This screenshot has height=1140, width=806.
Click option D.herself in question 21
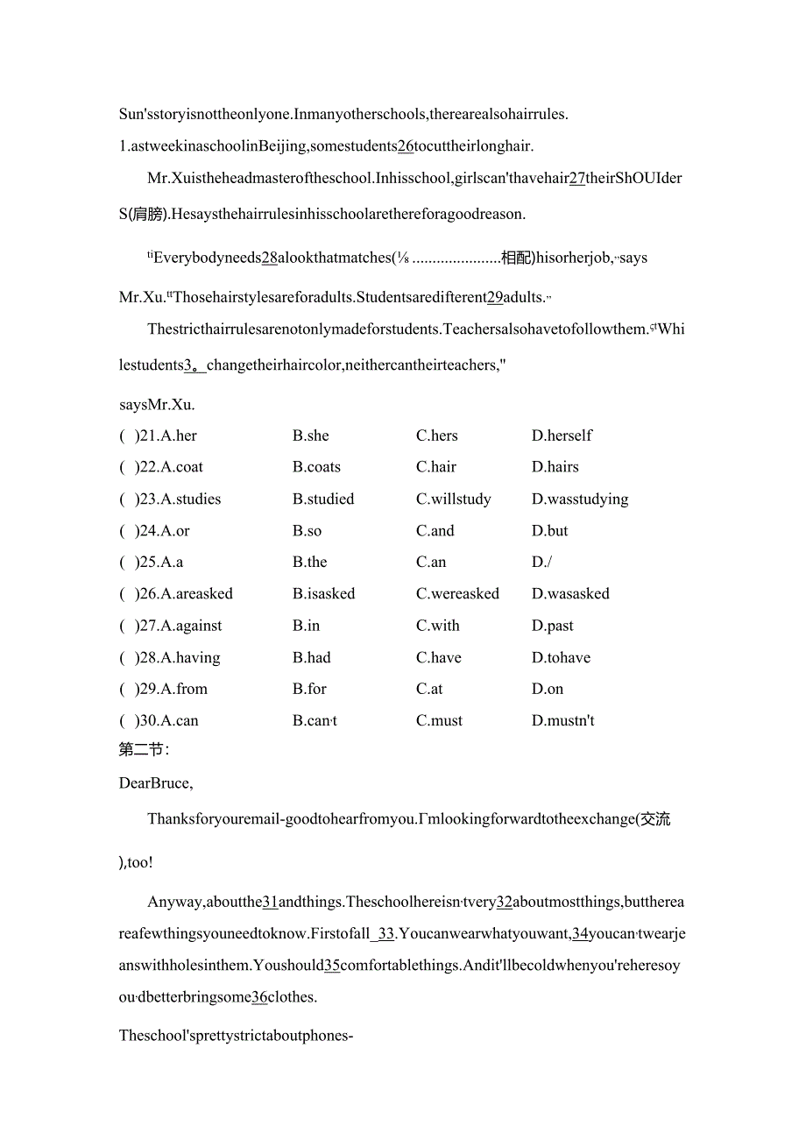click(x=562, y=435)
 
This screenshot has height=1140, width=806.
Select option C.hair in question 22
click(x=436, y=467)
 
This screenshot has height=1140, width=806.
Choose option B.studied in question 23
click(x=323, y=499)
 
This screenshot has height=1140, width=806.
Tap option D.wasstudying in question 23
click(x=580, y=499)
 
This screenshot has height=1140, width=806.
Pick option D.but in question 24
click(x=549, y=530)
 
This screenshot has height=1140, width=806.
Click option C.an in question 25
click(x=431, y=562)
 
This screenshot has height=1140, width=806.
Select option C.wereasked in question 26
click(x=457, y=593)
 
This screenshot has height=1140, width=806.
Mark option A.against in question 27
click(x=191, y=626)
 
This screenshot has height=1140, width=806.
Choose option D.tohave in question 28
click(x=561, y=657)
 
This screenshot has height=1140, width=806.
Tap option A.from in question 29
click(x=184, y=689)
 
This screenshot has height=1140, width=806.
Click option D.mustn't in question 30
click(x=563, y=720)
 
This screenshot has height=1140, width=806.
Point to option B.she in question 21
click(x=311, y=435)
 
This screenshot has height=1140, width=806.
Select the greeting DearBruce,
click(x=156, y=782)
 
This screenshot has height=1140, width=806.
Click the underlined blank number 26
click(x=406, y=146)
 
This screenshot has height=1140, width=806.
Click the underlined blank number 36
click(x=259, y=996)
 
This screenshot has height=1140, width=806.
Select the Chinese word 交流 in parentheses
click(x=655, y=818)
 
